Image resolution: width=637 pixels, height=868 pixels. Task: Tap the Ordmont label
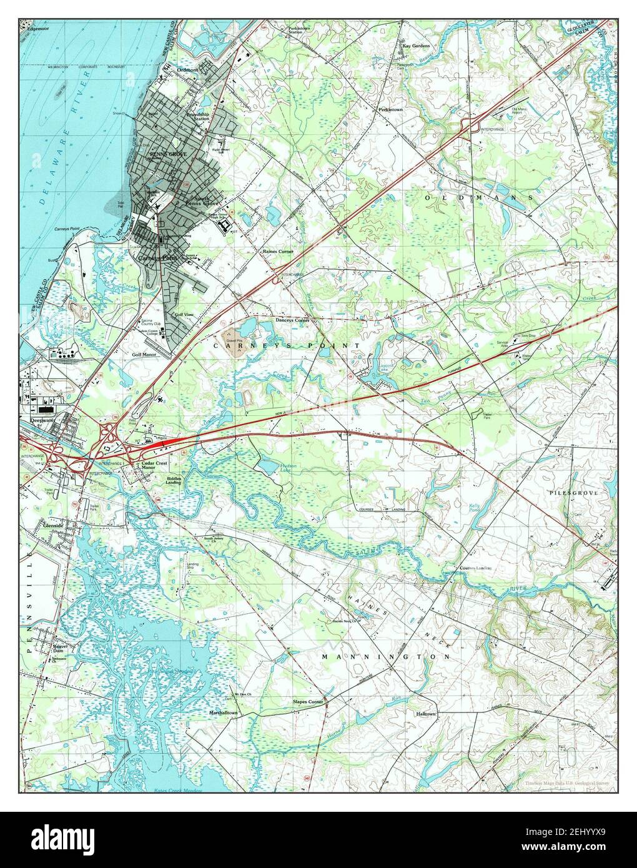[x=187, y=70]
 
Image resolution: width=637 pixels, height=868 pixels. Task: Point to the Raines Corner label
[x=276, y=251]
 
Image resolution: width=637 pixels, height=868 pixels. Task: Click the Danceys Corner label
[x=293, y=320]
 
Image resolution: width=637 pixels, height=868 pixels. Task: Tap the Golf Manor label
[x=144, y=354]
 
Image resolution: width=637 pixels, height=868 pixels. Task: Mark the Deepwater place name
[x=36, y=421]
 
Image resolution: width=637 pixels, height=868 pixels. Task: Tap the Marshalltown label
[x=224, y=713]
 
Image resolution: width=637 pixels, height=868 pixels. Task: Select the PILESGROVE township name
[x=574, y=493]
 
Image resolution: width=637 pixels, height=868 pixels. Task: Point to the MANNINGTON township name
[x=386, y=658]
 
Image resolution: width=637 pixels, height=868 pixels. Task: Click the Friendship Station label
[x=198, y=117]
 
